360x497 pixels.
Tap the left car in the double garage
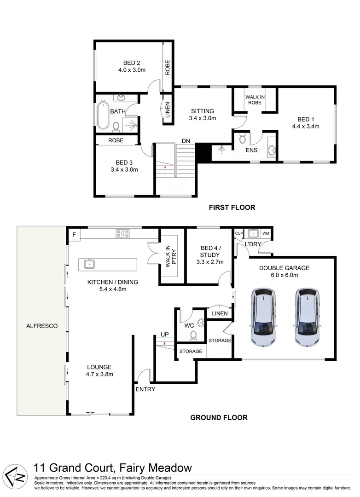(x=264, y=318)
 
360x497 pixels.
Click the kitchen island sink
(x=89, y=264)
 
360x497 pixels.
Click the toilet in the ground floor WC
(x=194, y=335)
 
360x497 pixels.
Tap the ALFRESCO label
(x=41, y=326)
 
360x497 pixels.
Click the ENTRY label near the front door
(x=145, y=389)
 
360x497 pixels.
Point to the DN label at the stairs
(x=186, y=140)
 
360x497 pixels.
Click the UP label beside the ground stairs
(x=164, y=334)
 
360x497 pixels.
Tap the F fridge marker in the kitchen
(x=73, y=235)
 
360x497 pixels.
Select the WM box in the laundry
(x=266, y=233)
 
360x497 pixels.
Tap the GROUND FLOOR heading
(x=219, y=418)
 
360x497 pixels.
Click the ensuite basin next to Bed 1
(x=271, y=150)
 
